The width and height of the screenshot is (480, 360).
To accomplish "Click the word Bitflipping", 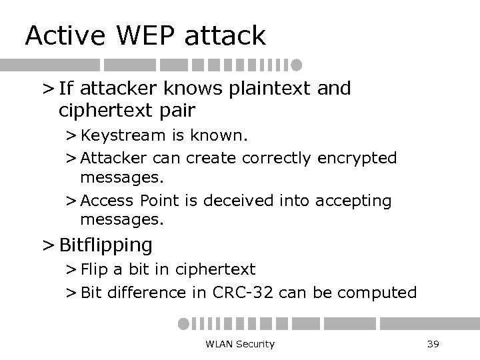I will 106,245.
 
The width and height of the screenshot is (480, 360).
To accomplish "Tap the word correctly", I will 277,158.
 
